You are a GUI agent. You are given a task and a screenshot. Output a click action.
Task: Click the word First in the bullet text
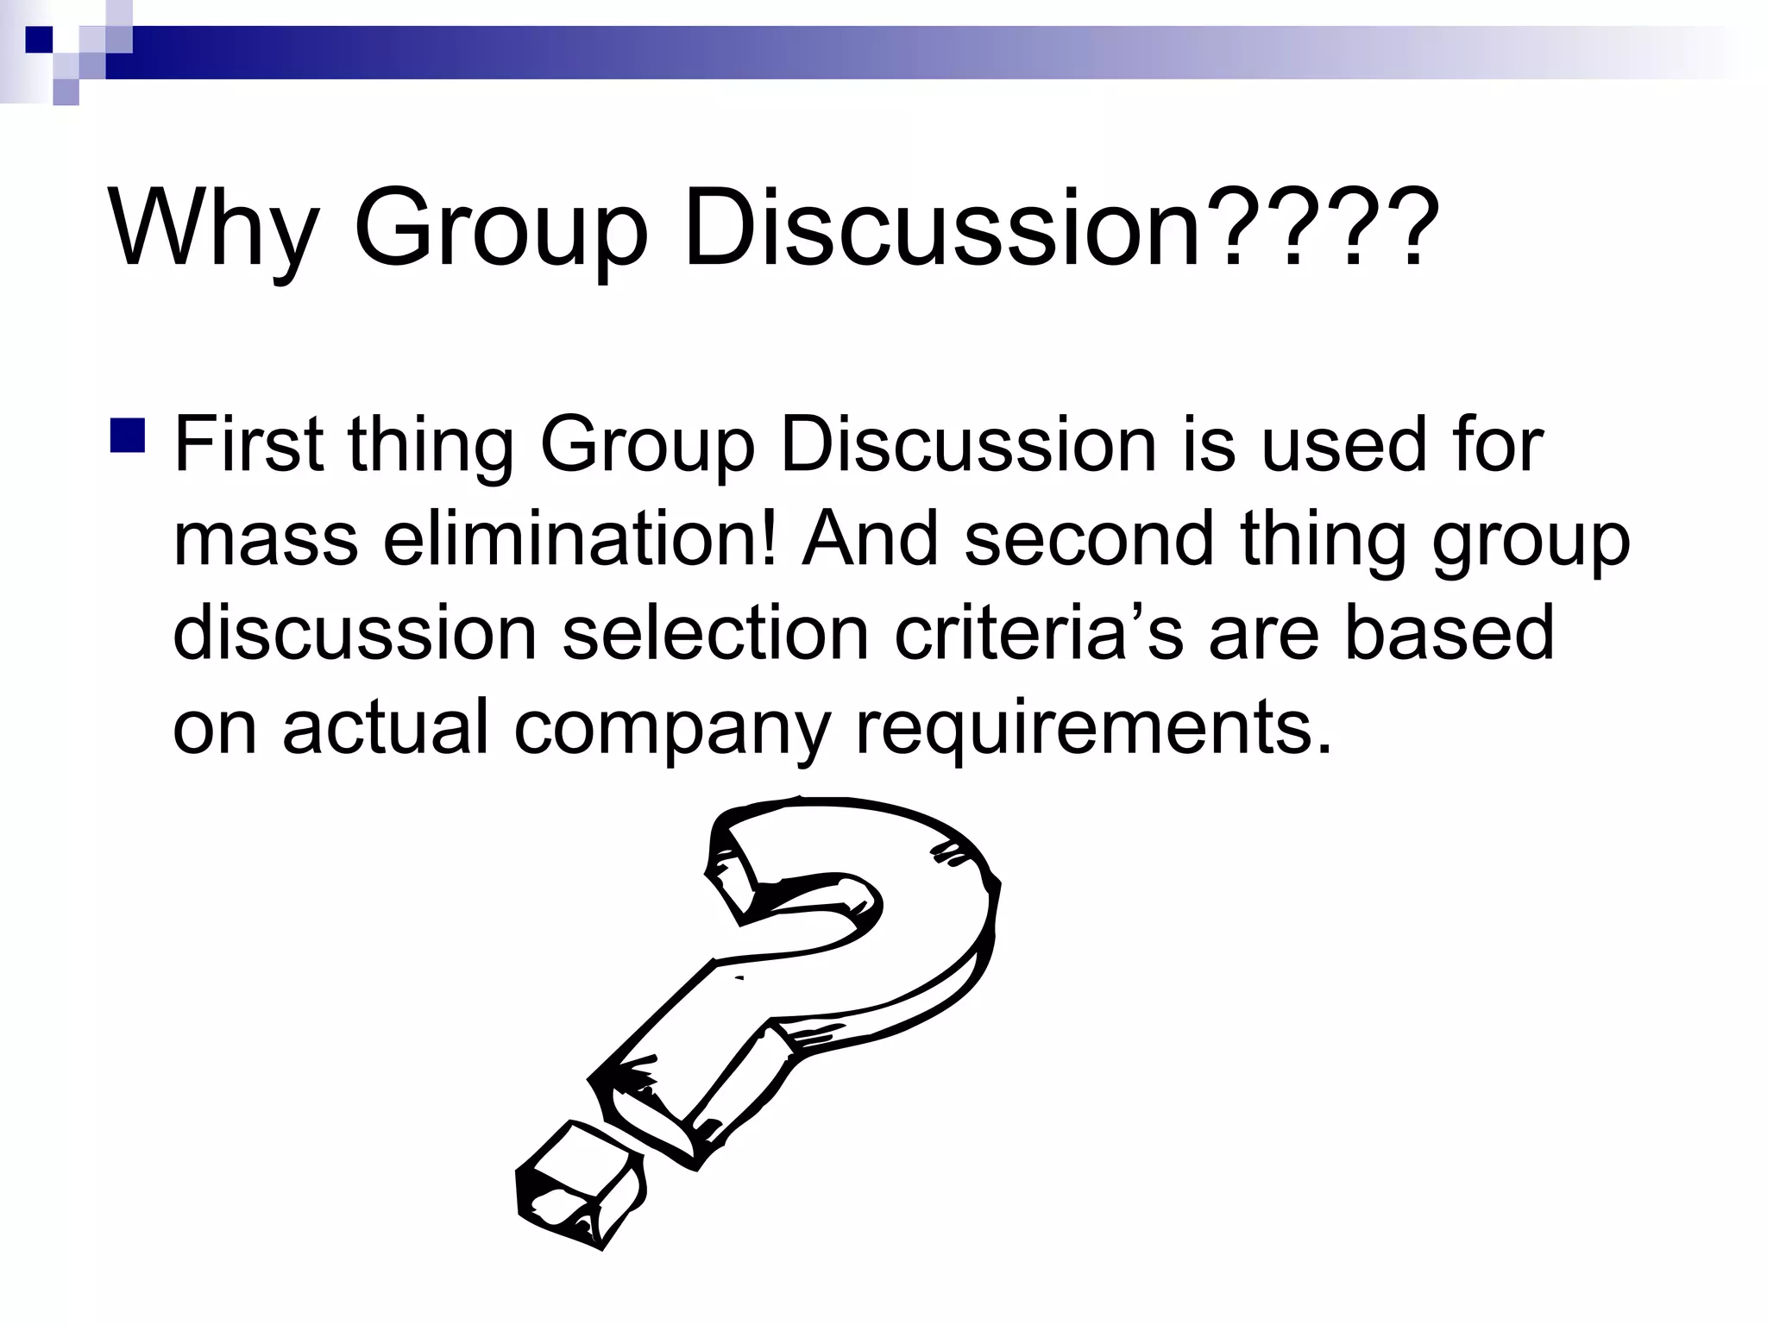tap(249, 446)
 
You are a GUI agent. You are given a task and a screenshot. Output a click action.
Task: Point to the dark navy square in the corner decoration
tap(39, 39)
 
